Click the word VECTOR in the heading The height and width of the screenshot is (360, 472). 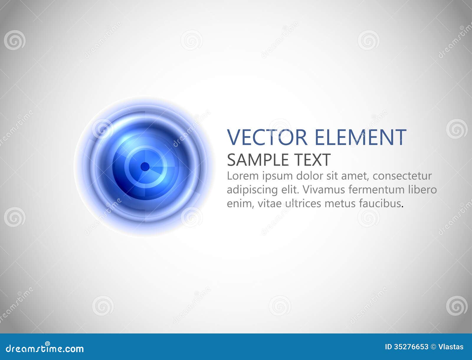(x=267, y=137)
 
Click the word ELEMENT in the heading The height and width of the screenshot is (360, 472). (x=360, y=137)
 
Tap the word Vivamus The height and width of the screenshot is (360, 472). (x=323, y=190)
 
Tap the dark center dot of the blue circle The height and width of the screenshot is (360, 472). (x=145, y=167)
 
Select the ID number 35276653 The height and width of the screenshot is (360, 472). (x=411, y=347)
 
